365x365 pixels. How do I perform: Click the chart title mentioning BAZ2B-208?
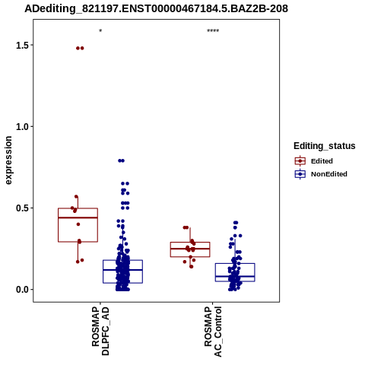[156, 9]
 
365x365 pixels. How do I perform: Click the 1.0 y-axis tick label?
[21, 127]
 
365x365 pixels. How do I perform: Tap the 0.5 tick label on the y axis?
[21, 208]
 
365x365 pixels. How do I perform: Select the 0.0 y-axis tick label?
[21, 290]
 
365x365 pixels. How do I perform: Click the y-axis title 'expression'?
[8, 160]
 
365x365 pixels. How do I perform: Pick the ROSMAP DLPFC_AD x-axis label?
[100, 331]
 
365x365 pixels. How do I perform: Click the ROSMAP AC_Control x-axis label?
[213, 332]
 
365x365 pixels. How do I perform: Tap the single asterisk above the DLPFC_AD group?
[100, 31]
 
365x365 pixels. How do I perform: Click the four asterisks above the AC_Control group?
[213, 31]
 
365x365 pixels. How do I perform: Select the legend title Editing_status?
[325, 146]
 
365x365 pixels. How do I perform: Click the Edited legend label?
[322, 161]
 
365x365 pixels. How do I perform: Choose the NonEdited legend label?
[329, 174]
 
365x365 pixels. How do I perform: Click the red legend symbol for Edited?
[300, 161]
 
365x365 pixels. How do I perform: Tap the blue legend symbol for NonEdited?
[300, 174]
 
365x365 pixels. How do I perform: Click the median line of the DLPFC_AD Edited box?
[78, 217]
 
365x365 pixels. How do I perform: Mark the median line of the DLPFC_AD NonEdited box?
[122, 270]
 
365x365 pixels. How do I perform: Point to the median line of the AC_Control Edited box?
[190, 249]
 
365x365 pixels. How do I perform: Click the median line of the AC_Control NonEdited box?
[235, 276]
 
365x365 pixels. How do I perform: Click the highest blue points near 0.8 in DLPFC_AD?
[121, 160]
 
